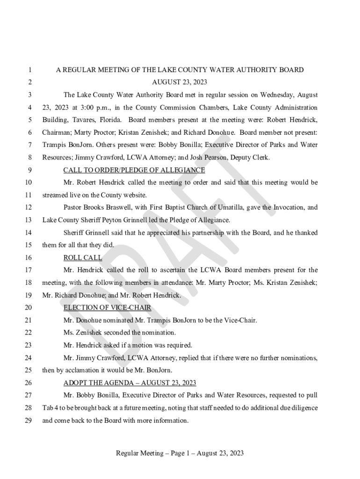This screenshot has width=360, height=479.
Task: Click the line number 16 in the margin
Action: click(x=28, y=258)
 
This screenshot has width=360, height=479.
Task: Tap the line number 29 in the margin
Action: click(x=28, y=421)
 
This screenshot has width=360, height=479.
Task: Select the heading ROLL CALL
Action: click(x=83, y=258)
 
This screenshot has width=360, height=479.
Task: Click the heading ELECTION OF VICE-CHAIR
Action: click(x=107, y=308)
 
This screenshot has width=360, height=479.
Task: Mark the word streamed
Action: click(x=55, y=195)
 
